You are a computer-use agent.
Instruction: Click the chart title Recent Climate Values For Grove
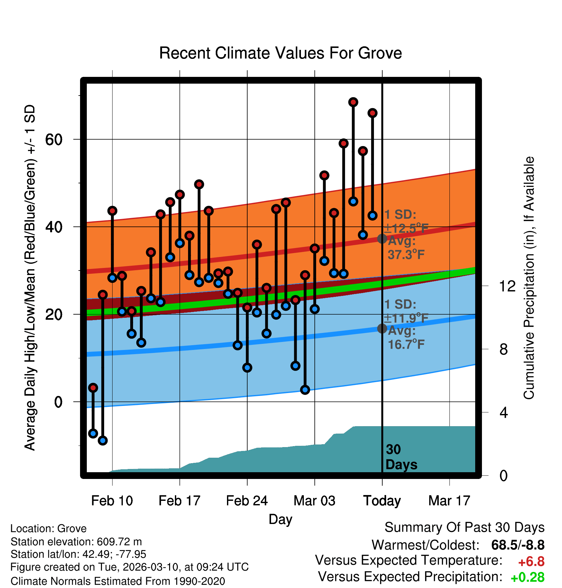pyautogui.click(x=280, y=53)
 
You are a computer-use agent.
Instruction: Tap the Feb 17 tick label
pyautogui.click(x=179, y=501)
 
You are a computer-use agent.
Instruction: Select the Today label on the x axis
pyautogui.click(x=382, y=501)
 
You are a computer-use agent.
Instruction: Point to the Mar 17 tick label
pyautogui.click(x=449, y=501)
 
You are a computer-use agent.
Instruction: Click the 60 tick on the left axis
pyautogui.click(x=54, y=140)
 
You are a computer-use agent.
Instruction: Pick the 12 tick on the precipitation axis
pyautogui.click(x=507, y=286)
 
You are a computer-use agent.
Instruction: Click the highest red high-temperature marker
pyautogui.click(x=353, y=102)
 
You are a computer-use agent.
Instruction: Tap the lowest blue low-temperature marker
pyautogui.click(x=103, y=440)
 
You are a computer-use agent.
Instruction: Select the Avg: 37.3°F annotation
pyautogui.click(x=406, y=248)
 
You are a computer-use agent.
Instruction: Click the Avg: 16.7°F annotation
pyautogui.click(x=406, y=338)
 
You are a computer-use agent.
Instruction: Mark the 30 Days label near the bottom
pyautogui.click(x=401, y=457)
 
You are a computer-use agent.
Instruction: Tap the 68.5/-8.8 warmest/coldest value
pyautogui.click(x=518, y=545)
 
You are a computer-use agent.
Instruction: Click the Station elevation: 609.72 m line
pyautogui.click(x=76, y=542)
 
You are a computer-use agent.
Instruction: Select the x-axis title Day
pyautogui.click(x=280, y=519)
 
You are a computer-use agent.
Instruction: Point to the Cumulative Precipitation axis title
pyautogui.click(x=529, y=278)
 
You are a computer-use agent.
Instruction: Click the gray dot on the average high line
pyautogui.click(x=382, y=239)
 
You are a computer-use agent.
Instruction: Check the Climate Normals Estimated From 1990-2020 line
pyautogui.click(x=118, y=581)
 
